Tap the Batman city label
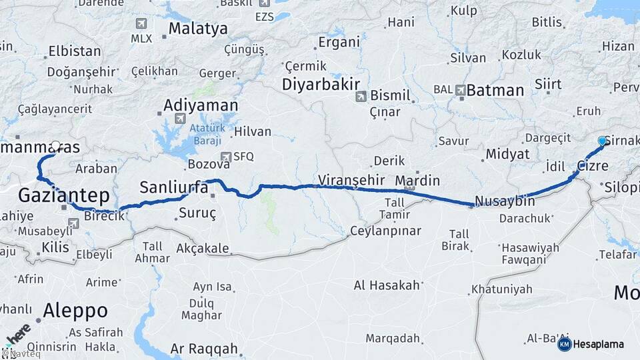click(x=495, y=91)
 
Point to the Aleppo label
click(x=75, y=310)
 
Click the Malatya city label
click(x=198, y=29)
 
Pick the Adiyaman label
click(x=201, y=105)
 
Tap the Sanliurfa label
click(x=169, y=187)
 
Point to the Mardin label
click(x=417, y=181)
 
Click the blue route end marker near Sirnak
click(x=602, y=141)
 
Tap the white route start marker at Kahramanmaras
click(x=55, y=146)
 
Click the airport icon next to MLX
click(x=141, y=23)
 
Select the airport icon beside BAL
click(x=461, y=89)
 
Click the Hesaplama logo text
click(x=598, y=344)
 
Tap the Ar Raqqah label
click(x=203, y=348)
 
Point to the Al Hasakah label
click(x=387, y=285)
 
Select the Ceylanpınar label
click(x=386, y=231)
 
